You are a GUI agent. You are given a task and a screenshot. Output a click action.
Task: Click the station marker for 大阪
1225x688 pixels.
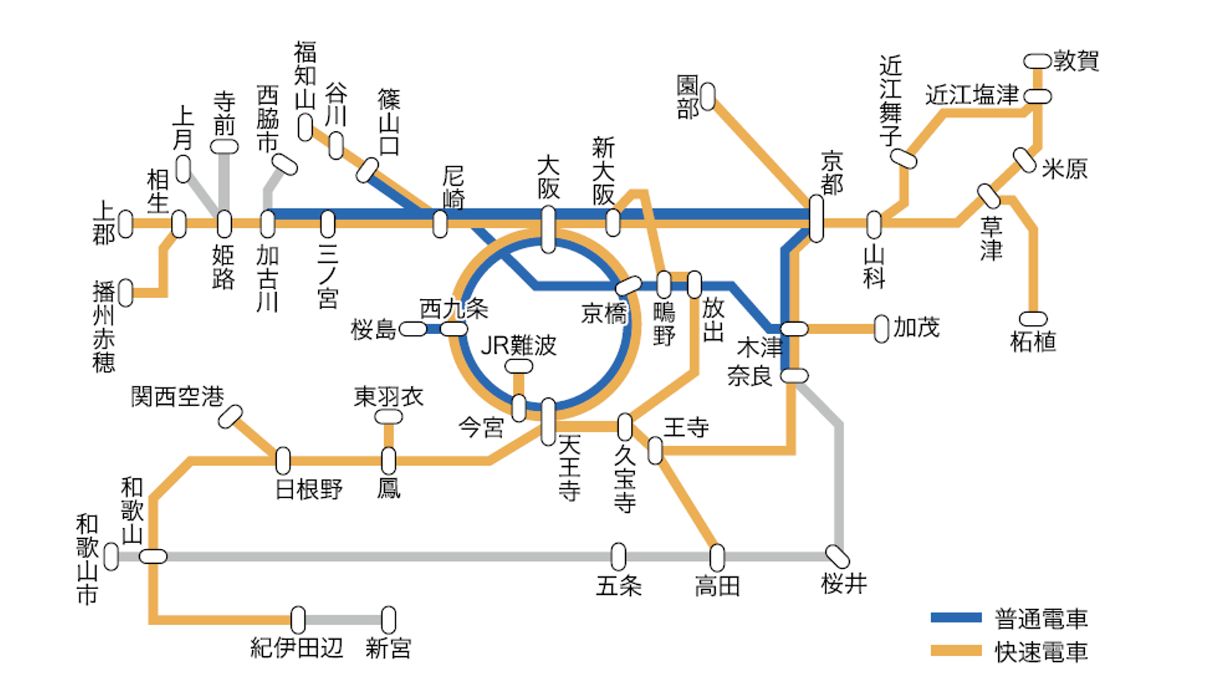coord(548,229)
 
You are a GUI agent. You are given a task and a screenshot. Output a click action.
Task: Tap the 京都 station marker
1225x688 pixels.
coord(816,218)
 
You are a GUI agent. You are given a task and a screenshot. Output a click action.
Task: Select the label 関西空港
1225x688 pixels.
coord(177,396)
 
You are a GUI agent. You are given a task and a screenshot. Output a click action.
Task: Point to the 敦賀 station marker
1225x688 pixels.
coord(1037,61)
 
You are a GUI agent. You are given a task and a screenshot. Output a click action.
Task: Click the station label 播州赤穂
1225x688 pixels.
coord(104,326)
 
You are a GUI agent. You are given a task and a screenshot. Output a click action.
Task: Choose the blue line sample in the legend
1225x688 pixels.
coord(956,618)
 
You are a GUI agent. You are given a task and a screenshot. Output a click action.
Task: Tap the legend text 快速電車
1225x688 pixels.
coord(1041,651)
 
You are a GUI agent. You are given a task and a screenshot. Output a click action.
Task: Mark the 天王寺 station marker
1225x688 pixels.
coord(548,422)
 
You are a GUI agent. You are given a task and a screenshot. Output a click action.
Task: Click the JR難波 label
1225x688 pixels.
coord(519,345)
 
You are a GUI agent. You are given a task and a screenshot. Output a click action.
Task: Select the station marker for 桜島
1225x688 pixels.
coord(413,329)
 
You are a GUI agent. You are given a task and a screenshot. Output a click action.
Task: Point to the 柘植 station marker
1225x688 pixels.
coord(1033,319)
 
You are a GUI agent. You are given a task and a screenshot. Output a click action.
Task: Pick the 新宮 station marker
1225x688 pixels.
coord(389,620)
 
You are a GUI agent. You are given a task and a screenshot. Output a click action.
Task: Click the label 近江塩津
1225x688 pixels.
coord(972,95)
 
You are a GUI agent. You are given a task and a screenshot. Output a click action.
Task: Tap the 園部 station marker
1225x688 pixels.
coord(708,97)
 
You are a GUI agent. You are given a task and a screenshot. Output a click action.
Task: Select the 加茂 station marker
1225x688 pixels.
coord(881,328)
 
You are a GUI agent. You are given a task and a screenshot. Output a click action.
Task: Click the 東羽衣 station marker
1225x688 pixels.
coord(389,417)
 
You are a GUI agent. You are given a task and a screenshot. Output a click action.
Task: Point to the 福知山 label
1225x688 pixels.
coord(305,74)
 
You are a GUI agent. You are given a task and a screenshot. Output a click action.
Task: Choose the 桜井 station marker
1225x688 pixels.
coord(838,557)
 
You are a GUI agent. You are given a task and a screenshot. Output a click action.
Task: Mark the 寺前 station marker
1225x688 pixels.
coord(225,147)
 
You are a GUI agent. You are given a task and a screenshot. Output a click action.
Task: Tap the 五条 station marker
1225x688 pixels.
coord(618,557)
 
